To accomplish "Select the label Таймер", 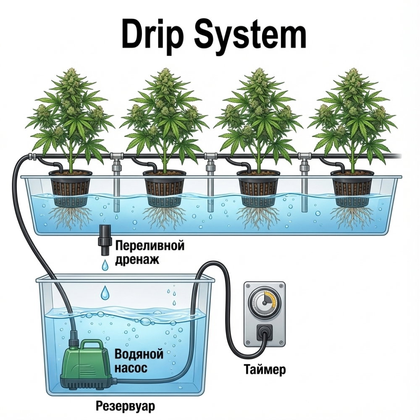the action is (265, 370).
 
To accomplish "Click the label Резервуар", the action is (125, 407).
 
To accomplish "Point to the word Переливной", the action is (150, 246).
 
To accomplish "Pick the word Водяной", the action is (139, 354).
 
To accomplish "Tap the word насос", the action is (131, 368).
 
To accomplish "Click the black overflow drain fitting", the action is (104, 240).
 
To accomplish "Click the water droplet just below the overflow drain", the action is (105, 265).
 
